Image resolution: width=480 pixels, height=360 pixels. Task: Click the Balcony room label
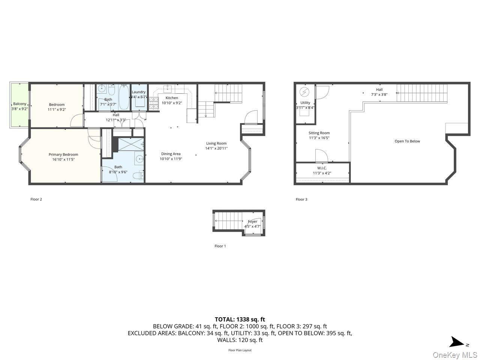(19, 104)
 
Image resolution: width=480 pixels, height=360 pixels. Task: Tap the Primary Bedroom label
(63, 154)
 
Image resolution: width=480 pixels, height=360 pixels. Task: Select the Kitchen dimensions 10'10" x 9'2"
(172, 103)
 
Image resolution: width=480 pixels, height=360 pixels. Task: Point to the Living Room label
(216, 143)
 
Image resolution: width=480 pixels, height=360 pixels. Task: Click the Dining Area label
(171, 154)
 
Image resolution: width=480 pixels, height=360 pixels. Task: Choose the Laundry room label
(138, 92)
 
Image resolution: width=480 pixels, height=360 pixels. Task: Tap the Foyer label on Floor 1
(252, 222)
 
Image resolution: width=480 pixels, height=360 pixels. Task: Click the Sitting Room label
(319, 133)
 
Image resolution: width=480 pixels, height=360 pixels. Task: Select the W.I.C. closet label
(322, 168)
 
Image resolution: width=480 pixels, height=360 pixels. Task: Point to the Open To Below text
(407, 141)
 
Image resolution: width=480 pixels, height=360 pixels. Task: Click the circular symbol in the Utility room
(304, 91)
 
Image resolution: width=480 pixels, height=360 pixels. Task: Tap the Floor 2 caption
(36, 199)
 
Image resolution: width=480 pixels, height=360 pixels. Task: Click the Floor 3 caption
(301, 199)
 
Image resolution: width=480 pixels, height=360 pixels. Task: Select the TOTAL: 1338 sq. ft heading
(240, 319)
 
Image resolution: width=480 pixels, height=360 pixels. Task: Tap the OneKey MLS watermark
(455, 355)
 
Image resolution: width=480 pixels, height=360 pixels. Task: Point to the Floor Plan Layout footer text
(240, 350)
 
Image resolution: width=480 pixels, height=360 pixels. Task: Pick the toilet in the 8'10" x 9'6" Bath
(141, 175)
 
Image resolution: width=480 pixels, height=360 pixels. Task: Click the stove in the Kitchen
(154, 103)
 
